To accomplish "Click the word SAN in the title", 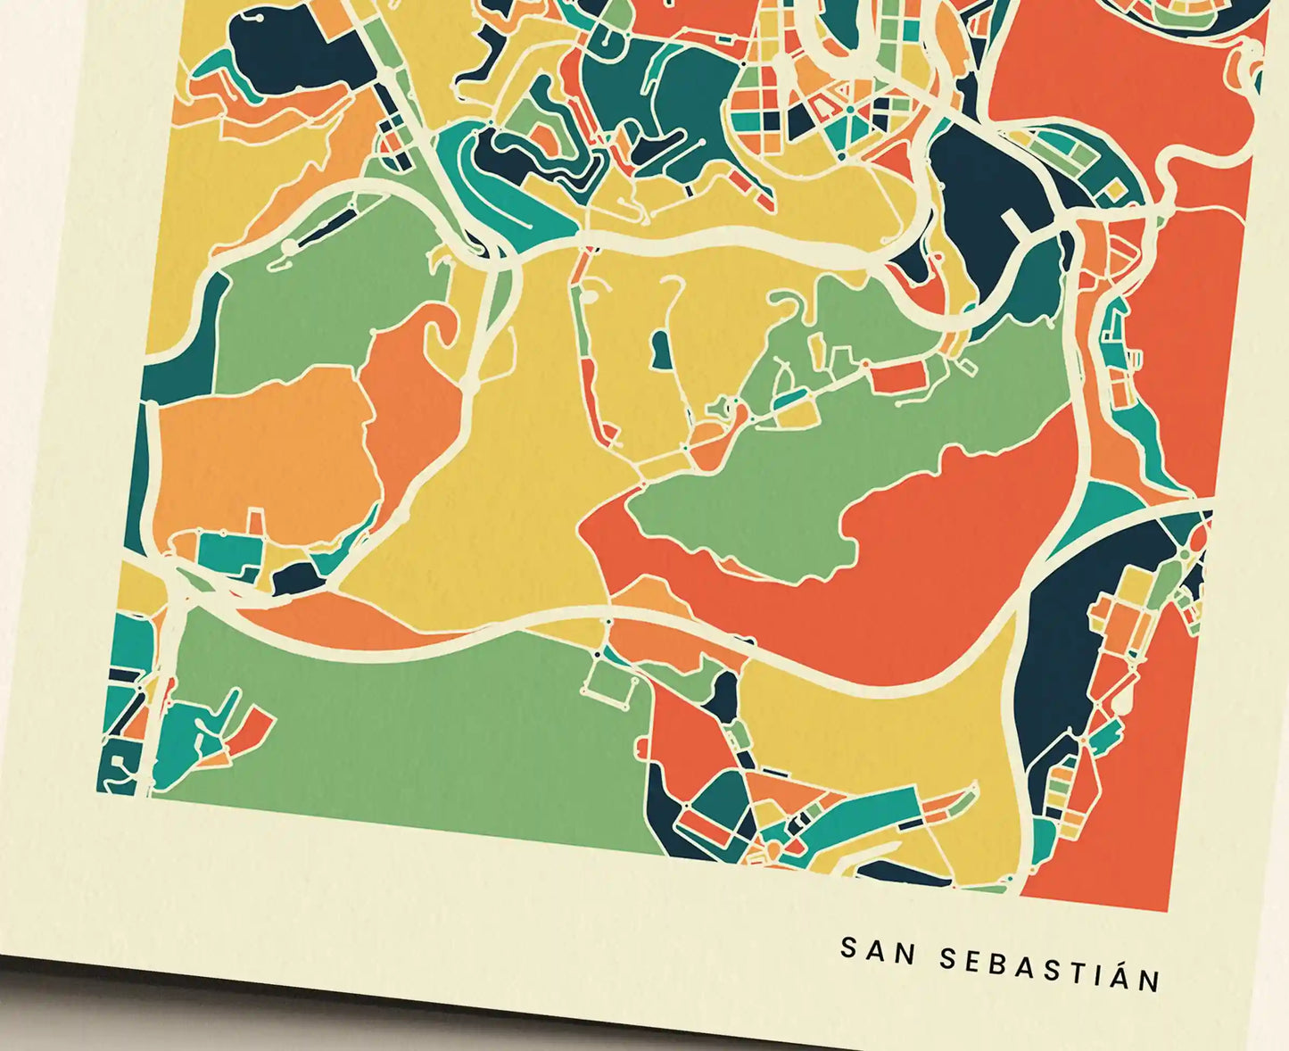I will coord(878,952).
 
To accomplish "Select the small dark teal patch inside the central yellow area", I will coord(661,350).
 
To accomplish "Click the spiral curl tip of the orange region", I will coord(439,332).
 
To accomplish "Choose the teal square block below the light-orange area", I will coord(227,550).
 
